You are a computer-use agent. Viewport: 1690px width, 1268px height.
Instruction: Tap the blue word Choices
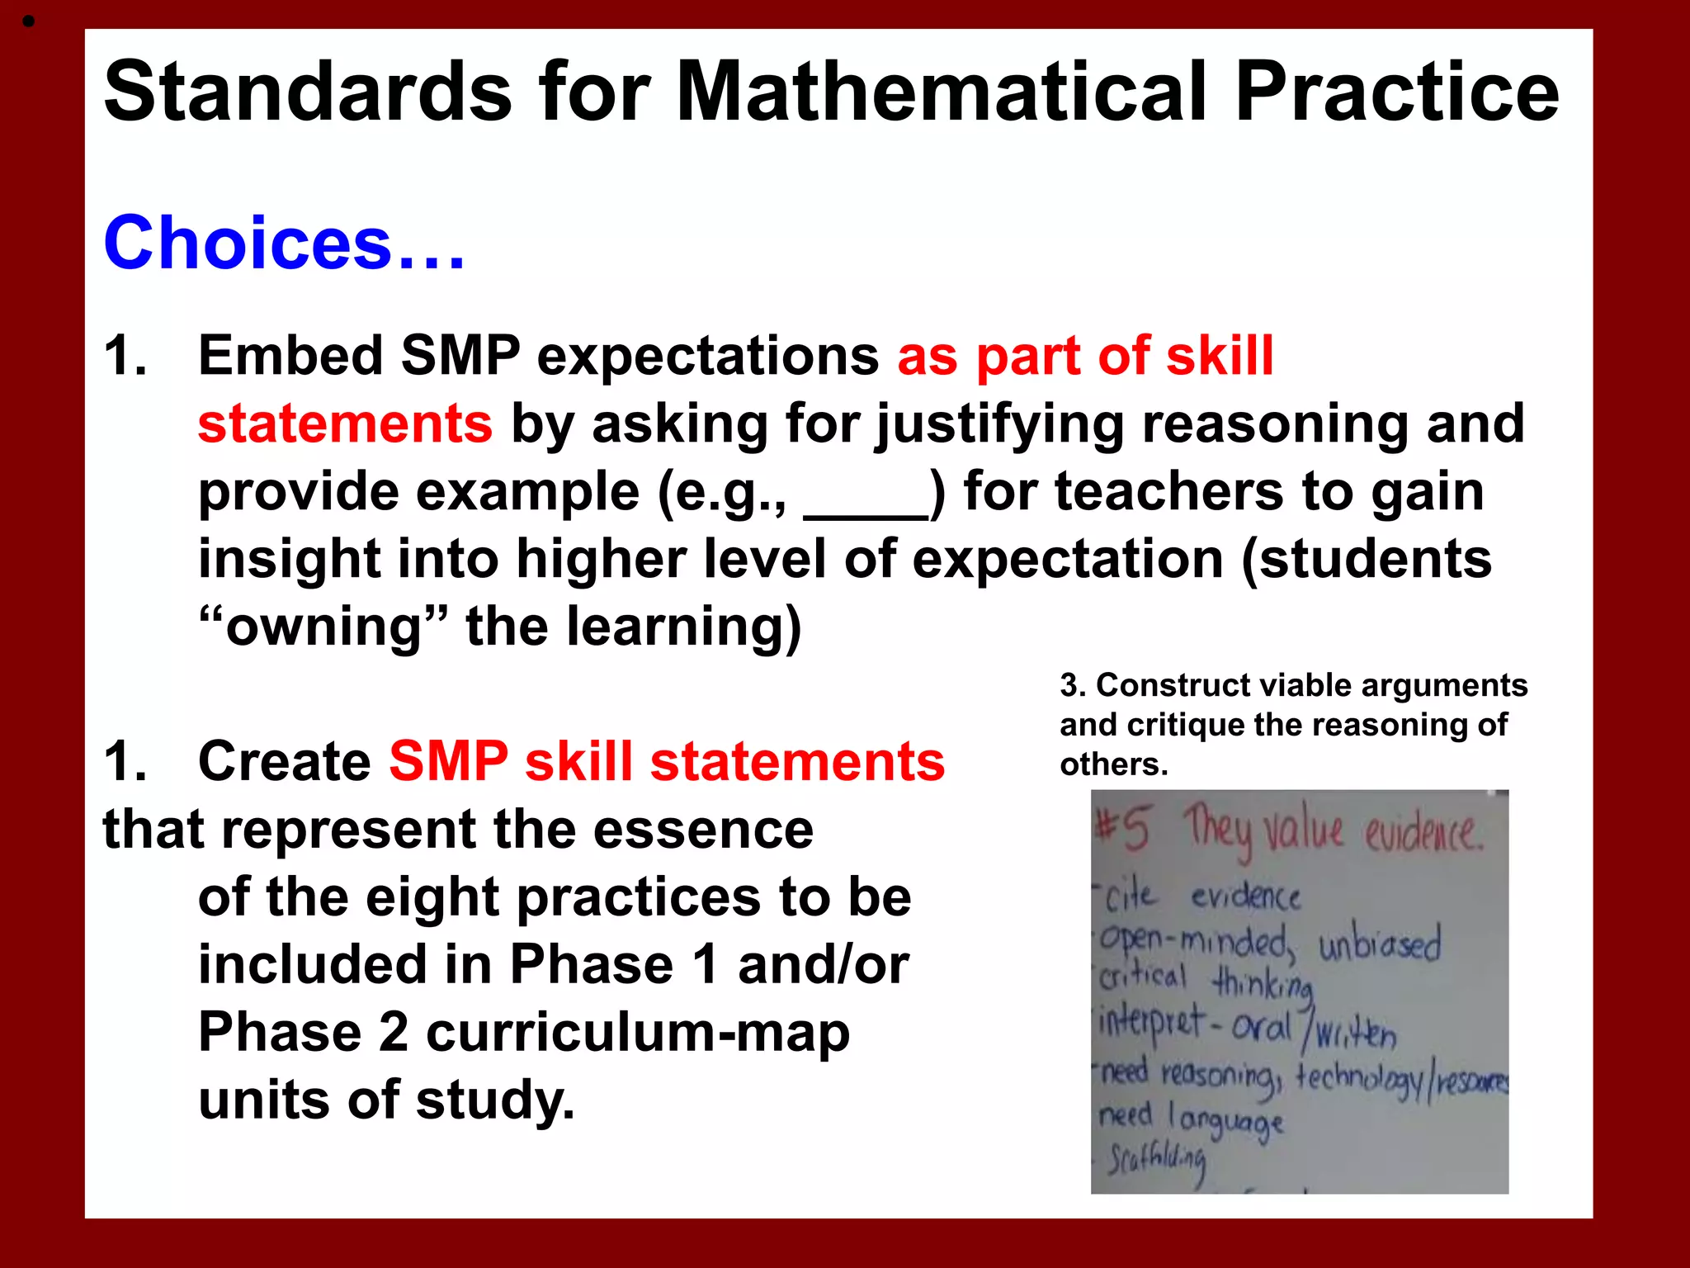[248, 243]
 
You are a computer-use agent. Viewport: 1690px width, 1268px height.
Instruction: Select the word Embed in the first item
[290, 357]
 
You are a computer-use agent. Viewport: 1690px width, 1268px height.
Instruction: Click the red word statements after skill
[345, 424]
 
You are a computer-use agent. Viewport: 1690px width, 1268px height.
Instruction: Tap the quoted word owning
[323, 627]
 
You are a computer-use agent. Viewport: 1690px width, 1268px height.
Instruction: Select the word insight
[289, 560]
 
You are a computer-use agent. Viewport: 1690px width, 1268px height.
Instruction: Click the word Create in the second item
[285, 761]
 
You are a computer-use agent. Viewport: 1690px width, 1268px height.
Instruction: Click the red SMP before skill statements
[448, 761]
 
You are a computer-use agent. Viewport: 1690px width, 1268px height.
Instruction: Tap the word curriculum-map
[637, 1033]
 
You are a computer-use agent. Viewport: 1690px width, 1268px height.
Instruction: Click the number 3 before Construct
[1069, 686]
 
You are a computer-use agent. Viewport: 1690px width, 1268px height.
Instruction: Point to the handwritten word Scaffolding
[1155, 1161]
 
